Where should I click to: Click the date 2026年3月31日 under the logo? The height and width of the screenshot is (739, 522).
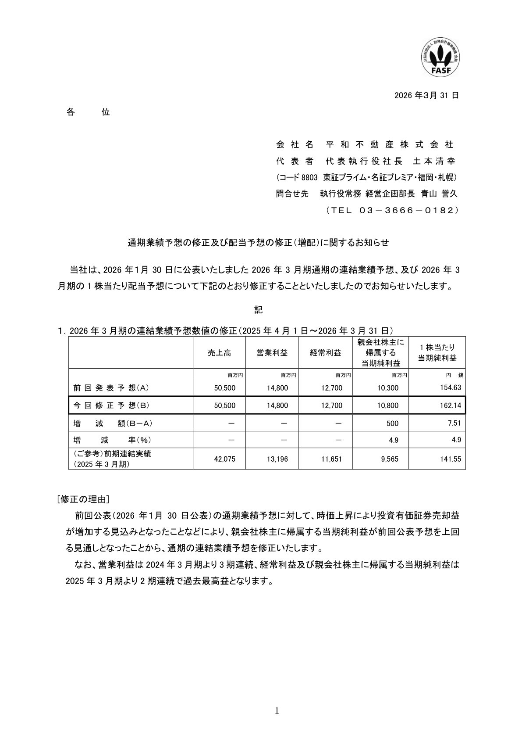click(426, 95)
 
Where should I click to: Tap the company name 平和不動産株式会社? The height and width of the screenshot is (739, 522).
click(390, 144)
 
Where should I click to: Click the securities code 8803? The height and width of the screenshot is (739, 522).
click(309, 178)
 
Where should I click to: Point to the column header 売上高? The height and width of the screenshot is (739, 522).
click(219, 353)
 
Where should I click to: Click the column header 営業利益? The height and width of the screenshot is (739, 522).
click(272, 353)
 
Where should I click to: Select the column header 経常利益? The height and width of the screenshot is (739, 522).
click(325, 353)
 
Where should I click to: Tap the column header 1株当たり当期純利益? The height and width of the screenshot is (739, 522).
click(437, 353)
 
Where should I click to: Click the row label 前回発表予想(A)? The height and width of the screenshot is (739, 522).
click(111, 388)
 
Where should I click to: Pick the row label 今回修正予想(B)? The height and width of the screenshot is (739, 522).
click(111, 405)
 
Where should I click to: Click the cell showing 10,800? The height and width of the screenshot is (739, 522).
click(388, 406)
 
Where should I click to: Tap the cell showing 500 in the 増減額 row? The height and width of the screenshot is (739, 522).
click(393, 423)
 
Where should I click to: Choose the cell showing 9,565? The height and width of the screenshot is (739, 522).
click(390, 459)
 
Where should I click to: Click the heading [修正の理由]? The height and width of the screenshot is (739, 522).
click(83, 499)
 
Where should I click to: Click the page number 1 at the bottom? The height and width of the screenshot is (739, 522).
click(276, 711)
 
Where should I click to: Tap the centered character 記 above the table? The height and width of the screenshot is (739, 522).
click(259, 310)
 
